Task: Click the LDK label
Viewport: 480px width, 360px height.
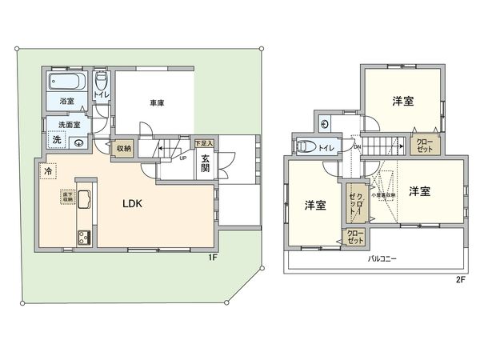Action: point(133,204)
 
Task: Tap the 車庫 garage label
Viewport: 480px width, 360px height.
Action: point(157,102)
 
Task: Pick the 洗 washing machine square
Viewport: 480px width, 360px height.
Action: point(57,140)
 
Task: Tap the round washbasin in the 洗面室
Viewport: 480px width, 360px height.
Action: point(79,142)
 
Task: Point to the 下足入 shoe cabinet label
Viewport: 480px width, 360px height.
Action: point(204,142)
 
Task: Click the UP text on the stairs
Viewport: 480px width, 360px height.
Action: point(183,158)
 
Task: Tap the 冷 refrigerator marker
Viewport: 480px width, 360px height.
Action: point(50,171)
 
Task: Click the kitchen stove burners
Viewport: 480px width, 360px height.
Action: point(84,238)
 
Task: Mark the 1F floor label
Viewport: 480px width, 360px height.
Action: point(213,257)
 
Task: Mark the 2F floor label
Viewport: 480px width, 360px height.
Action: point(460,279)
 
